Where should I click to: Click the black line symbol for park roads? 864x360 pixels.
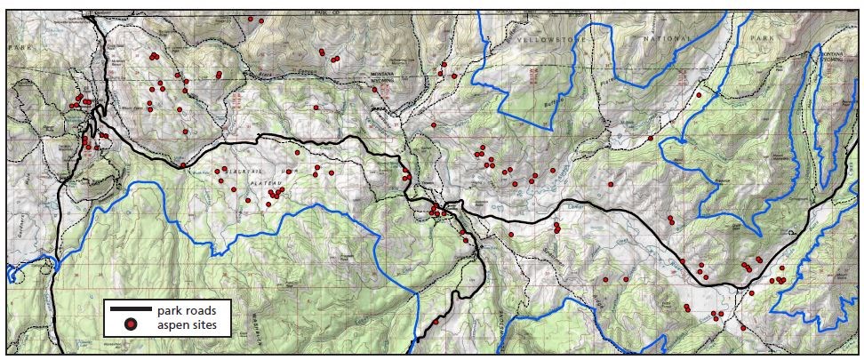[x=131, y=311]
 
